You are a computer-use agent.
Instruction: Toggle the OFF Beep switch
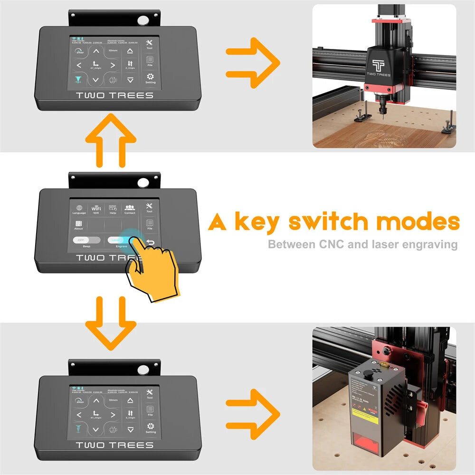pyautogui.click(x=86, y=240)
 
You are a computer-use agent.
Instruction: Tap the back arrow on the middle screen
pyautogui.click(x=151, y=244)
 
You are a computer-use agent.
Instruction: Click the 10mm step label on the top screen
pyautogui.click(x=113, y=50)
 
